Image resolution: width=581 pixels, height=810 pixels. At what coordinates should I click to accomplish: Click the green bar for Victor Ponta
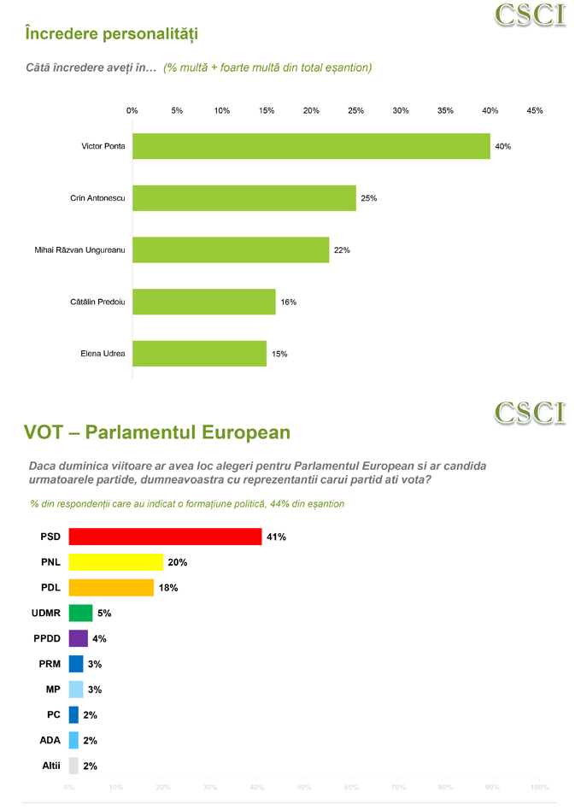coord(311,146)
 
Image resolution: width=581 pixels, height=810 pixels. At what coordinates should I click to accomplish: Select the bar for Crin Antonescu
coord(244,198)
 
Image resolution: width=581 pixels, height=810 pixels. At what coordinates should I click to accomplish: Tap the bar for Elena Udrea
coord(199,354)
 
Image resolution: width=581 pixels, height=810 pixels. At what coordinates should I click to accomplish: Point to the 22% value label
coord(342,250)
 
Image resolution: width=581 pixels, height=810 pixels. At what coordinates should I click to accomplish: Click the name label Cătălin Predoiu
coord(97,302)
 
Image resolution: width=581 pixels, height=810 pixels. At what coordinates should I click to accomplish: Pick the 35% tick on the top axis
coord(445,110)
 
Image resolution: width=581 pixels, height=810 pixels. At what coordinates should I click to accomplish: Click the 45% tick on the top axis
coord(535,110)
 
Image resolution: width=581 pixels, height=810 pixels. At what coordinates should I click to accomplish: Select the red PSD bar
coord(165,537)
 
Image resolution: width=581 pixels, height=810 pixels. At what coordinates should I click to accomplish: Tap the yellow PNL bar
coord(116,562)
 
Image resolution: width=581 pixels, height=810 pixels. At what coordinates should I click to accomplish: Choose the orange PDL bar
coord(111,588)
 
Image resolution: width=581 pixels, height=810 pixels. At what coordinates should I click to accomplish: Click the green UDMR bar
coord(80,613)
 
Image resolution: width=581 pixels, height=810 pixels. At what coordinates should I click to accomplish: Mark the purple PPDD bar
coord(79,638)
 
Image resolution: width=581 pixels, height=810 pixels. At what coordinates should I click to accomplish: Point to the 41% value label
coord(276,537)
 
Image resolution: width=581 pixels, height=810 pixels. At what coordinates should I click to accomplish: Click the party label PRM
coord(50,664)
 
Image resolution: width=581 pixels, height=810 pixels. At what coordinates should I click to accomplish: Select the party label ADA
coord(50,740)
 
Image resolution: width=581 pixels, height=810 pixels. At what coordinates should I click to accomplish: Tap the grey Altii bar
coord(73,766)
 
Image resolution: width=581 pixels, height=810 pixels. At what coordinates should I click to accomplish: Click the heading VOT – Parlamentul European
coord(157,432)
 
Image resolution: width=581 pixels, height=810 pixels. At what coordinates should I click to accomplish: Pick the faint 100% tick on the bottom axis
coord(538,787)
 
